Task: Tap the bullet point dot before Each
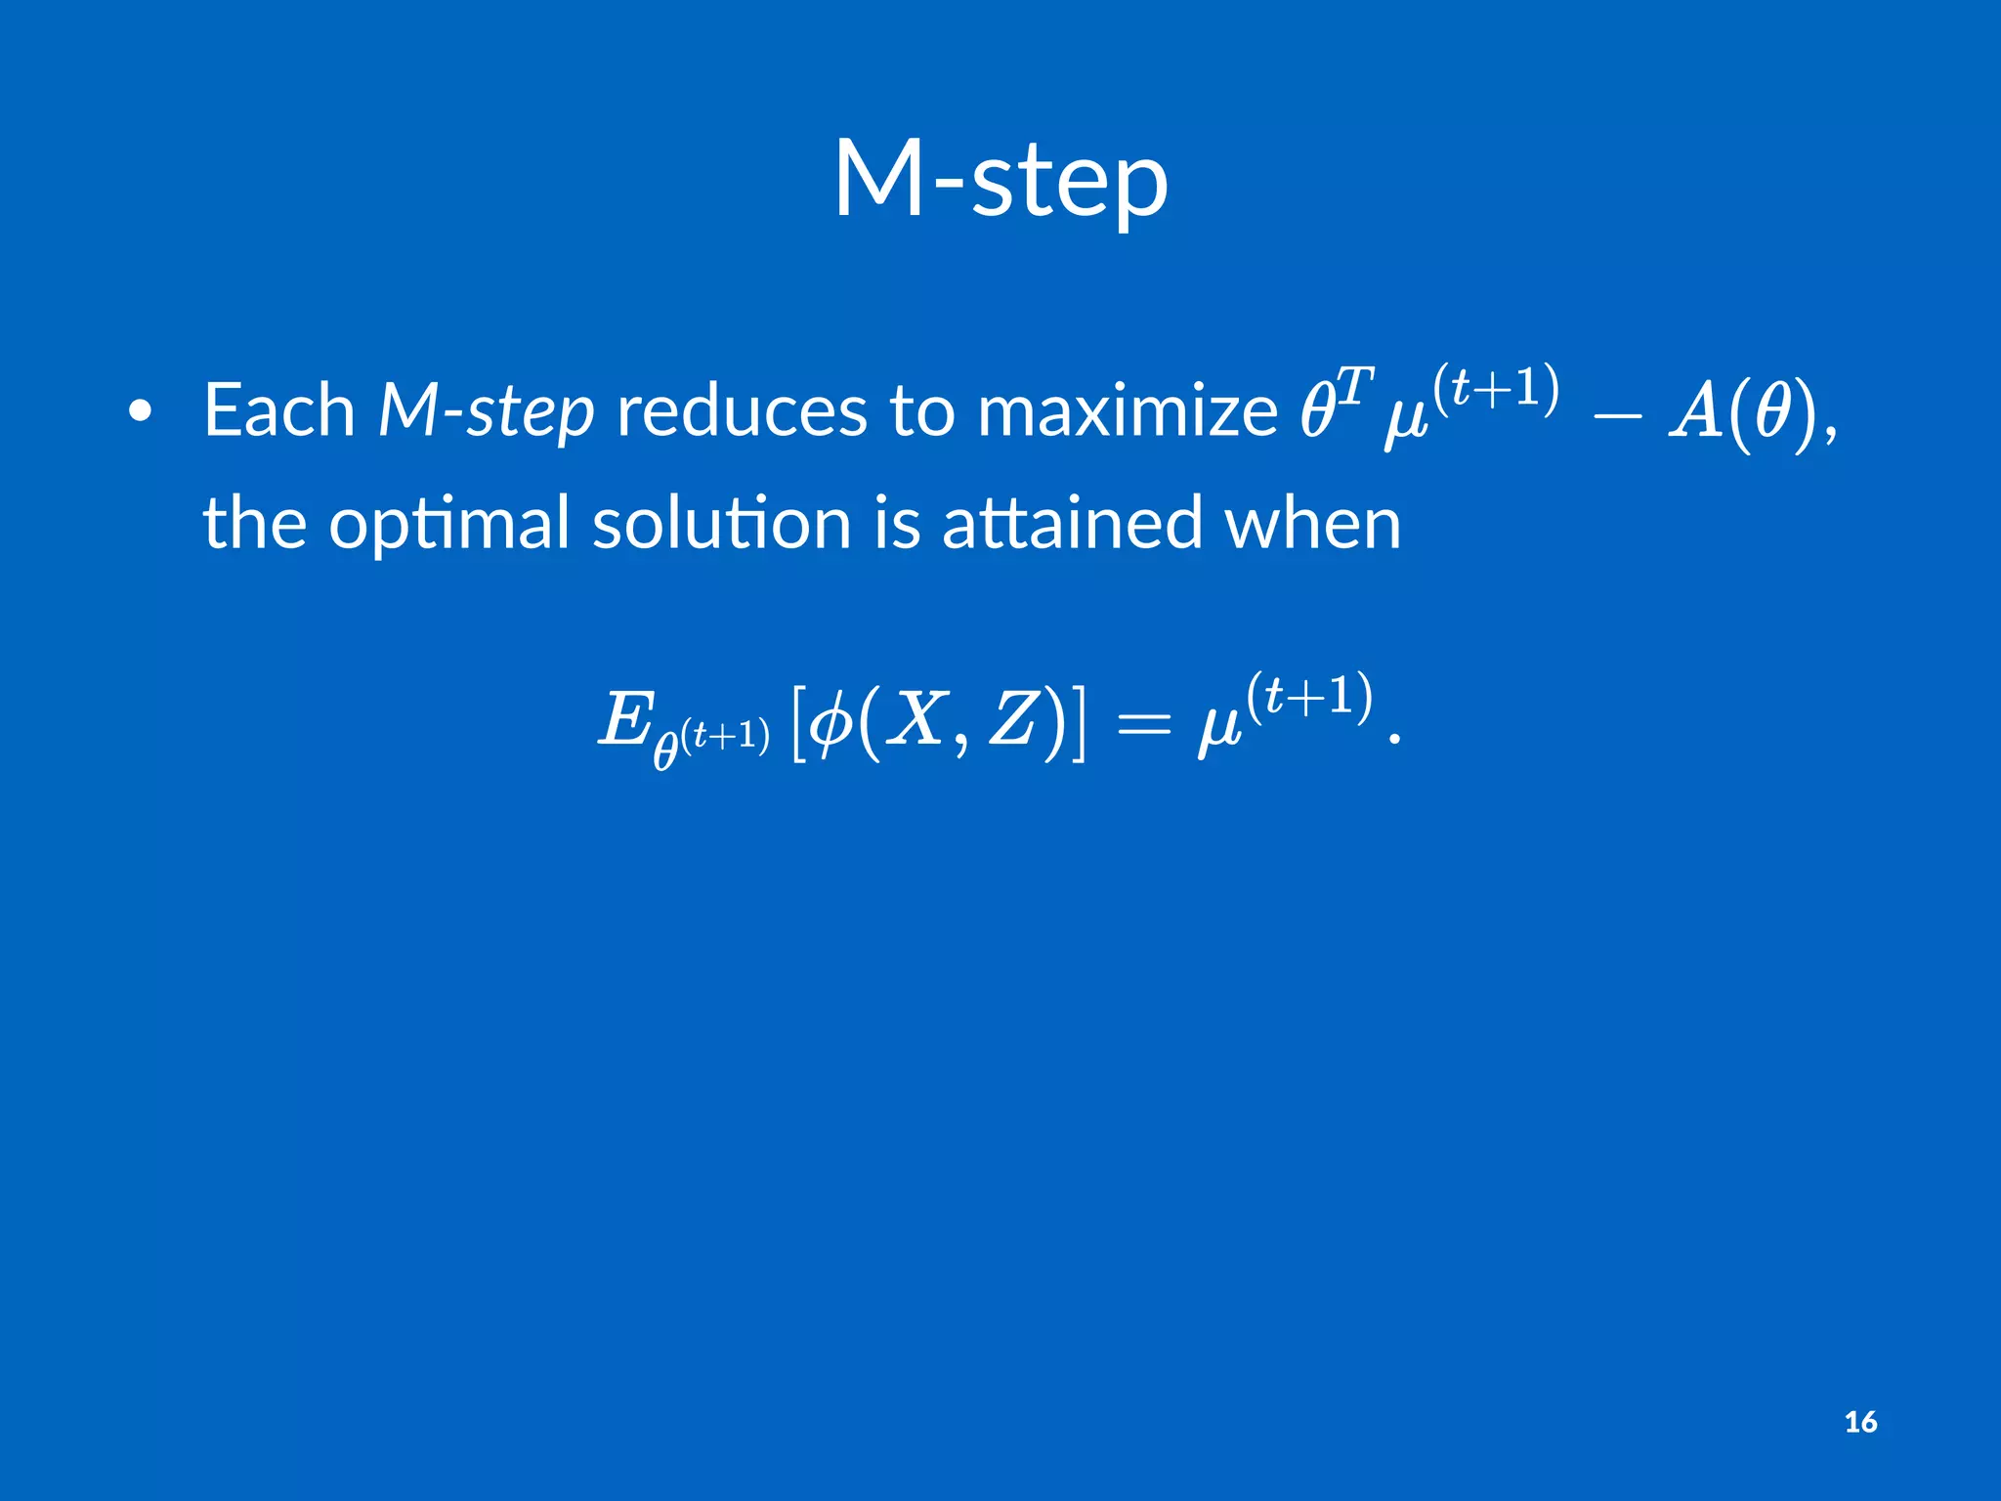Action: tap(141, 412)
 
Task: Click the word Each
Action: tap(278, 410)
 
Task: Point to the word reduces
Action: tap(741, 410)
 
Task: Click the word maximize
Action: tap(1127, 410)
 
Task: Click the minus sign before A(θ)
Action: tap(1617, 414)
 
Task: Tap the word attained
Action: tap(1071, 523)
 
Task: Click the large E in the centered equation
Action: tap(624, 721)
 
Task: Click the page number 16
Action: tap(1860, 1422)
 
